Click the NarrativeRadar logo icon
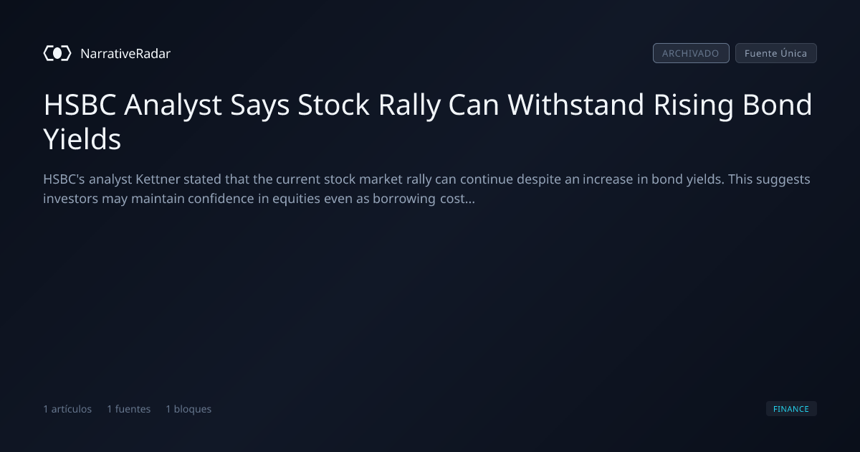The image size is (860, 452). pos(57,53)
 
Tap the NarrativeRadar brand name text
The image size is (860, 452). pos(125,53)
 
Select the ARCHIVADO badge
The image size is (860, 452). pos(691,53)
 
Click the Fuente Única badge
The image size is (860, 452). pos(776,53)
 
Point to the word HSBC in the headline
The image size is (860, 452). pos(80,105)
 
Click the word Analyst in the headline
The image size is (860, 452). pos(173,105)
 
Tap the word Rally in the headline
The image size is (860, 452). pos(409,105)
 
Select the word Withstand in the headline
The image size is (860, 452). pos(575,105)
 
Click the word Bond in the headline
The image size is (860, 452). pos(777,105)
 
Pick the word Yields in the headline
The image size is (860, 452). pos(82,138)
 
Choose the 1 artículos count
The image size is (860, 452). pos(67,409)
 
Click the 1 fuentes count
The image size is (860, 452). pos(129,409)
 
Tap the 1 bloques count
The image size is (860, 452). pos(188,409)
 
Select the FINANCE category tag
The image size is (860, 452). pos(791,409)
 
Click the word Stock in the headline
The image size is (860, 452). pos(334,105)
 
